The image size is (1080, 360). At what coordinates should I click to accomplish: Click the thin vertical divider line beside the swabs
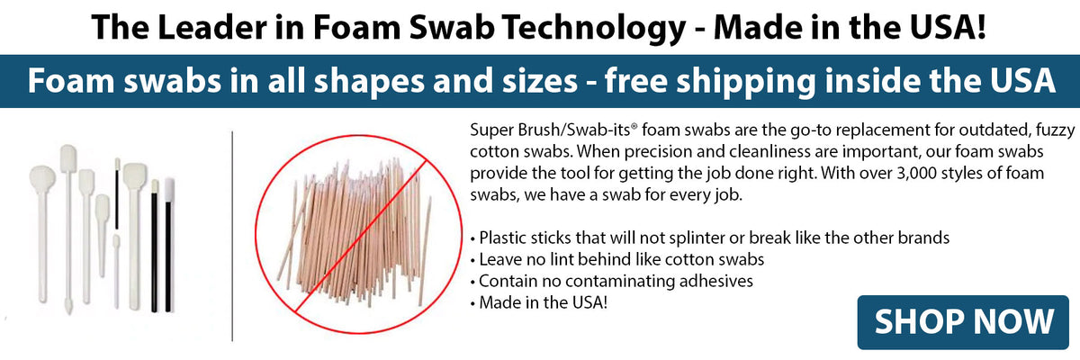point(232,234)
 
